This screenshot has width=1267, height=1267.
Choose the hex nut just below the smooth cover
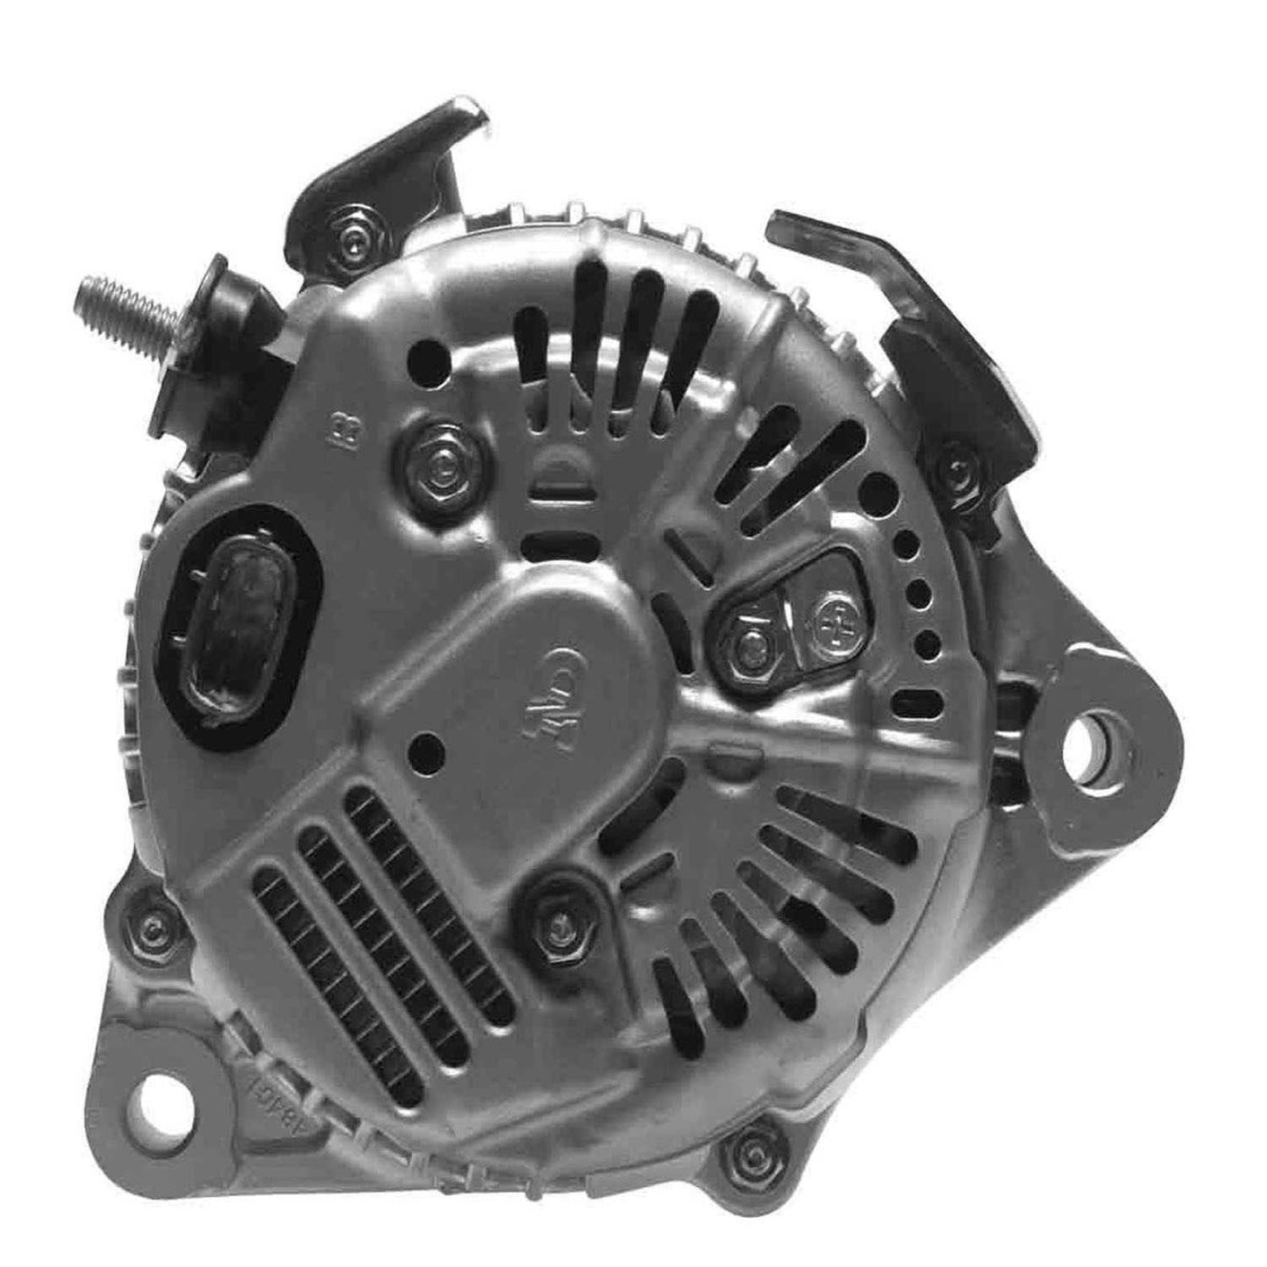(555, 917)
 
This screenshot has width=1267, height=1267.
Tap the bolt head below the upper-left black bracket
(354, 240)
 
